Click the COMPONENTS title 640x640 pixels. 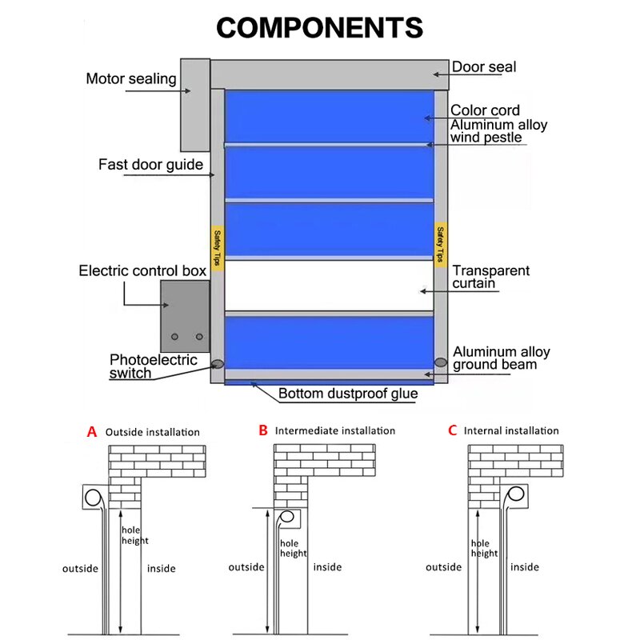(x=319, y=28)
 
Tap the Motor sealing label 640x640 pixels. (x=130, y=78)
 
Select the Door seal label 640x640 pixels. (x=484, y=67)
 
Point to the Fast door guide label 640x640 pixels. (x=149, y=165)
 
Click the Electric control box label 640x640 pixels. (x=142, y=271)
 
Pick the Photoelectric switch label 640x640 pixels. (x=153, y=366)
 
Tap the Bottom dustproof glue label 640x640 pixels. (x=348, y=394)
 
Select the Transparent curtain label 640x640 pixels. (x=490, y=277)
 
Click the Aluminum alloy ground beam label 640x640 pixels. (x=501, y=358)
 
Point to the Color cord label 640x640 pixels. (x=485, y=110)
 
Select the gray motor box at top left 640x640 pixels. (x=194, y=104)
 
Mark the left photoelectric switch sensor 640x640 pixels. (x=217, y=363)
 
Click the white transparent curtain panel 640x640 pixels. (x=329, y=285)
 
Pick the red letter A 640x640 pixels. (x=91, y=431)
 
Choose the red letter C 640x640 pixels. (x=452, y=430)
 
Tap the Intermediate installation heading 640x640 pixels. (x=334, y=430)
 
